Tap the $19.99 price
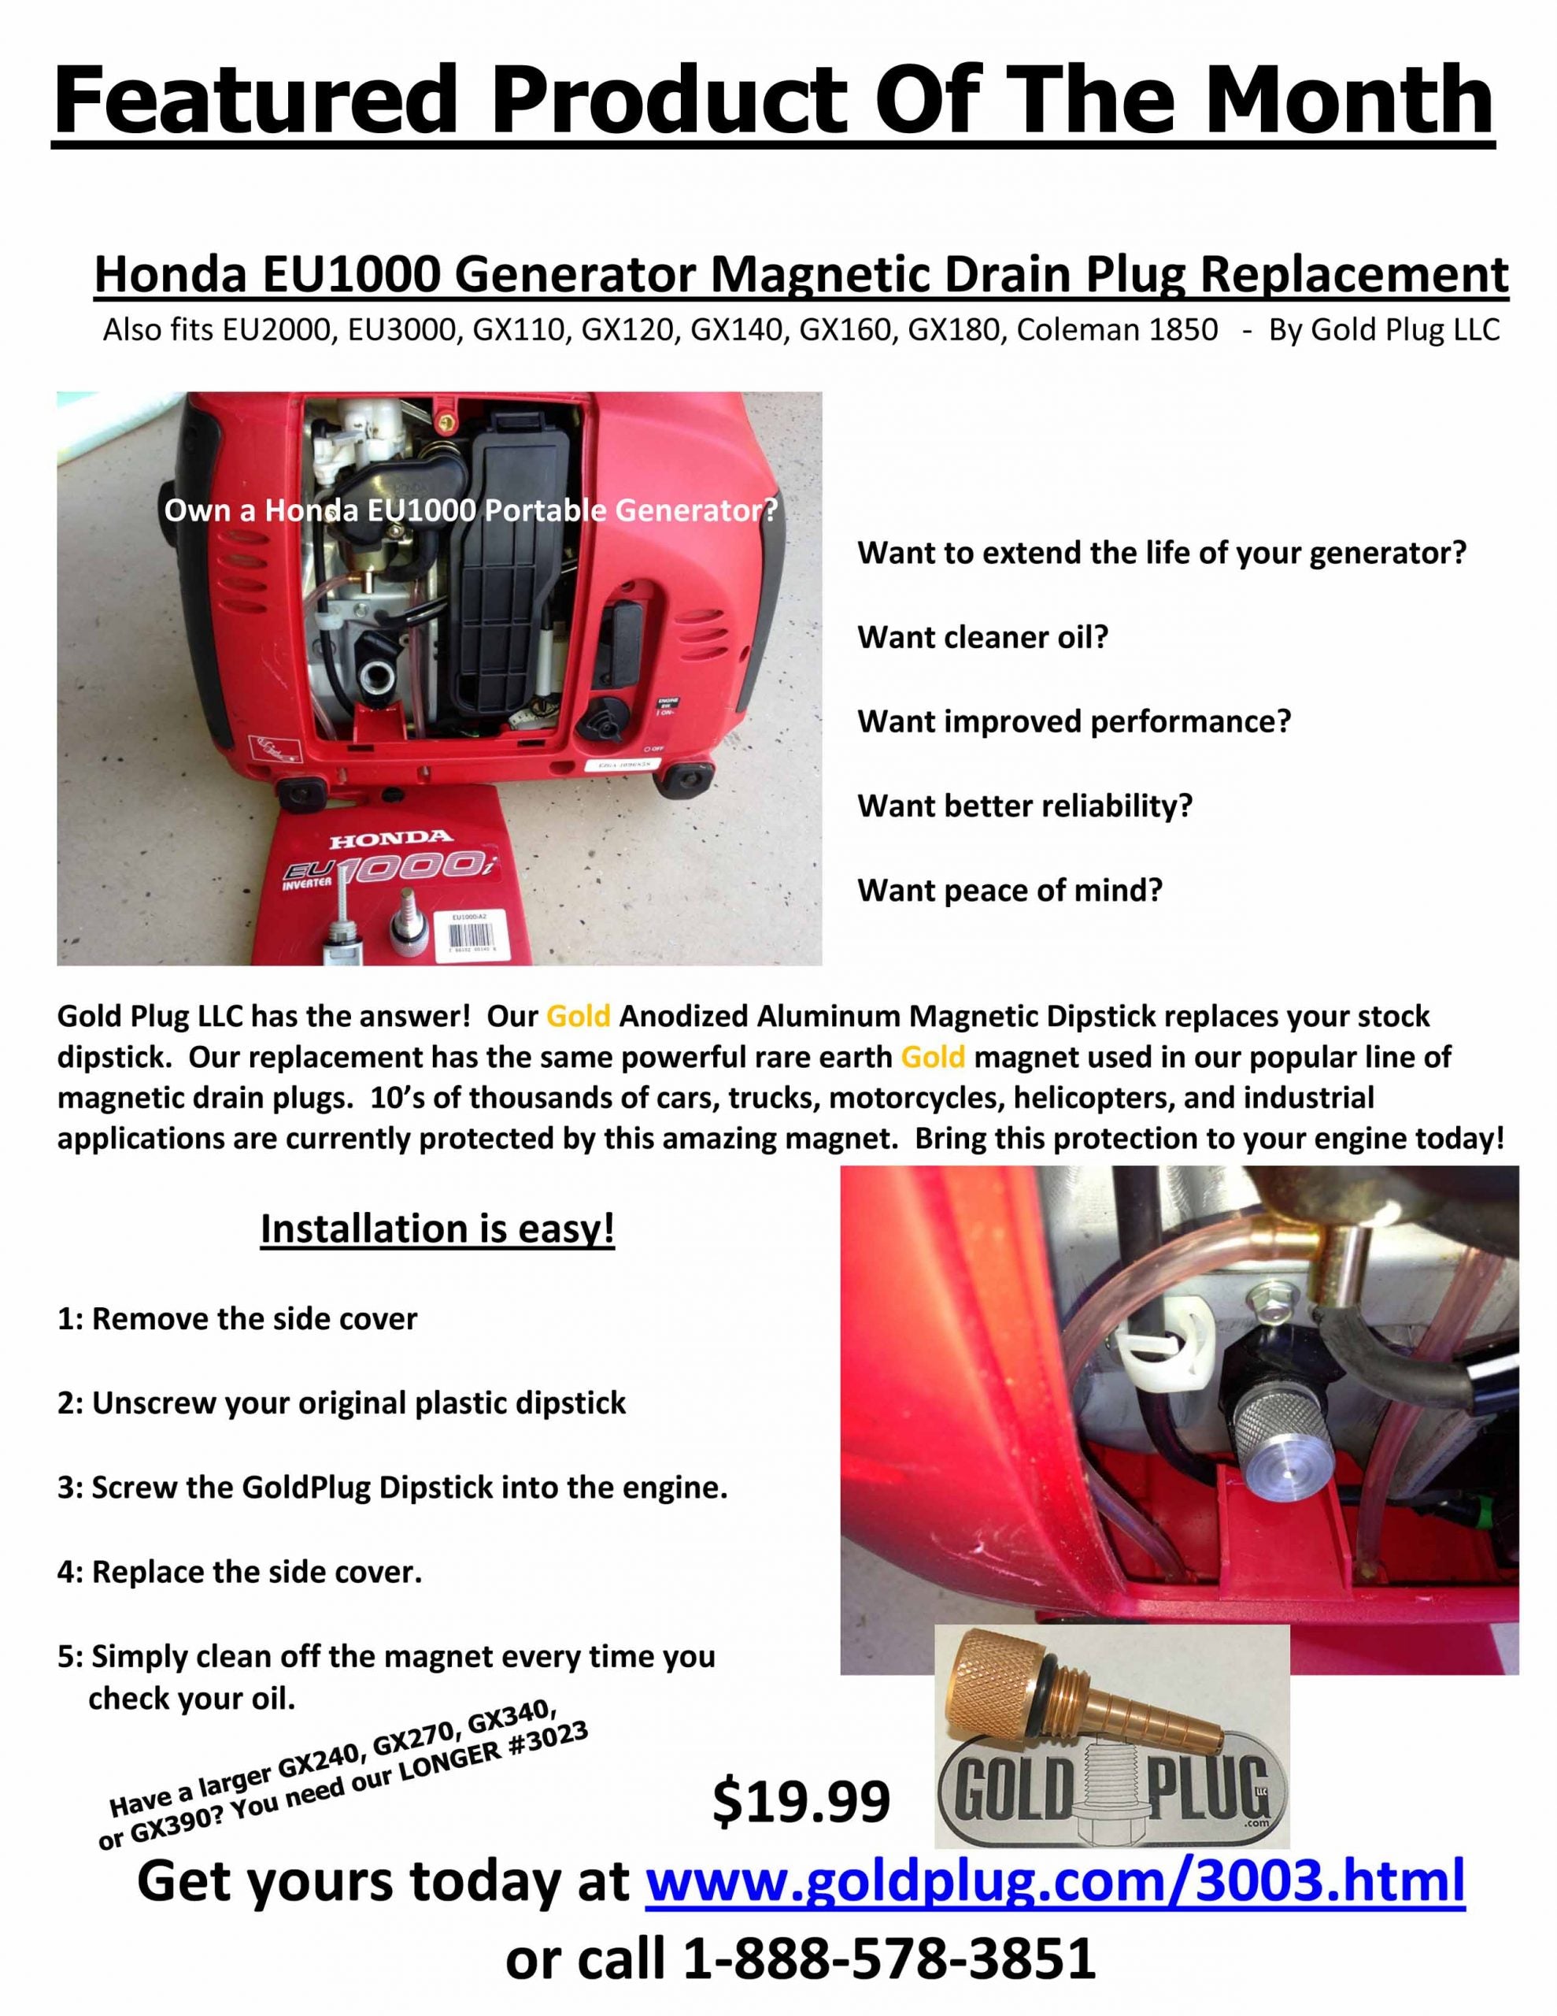click(801, 1801)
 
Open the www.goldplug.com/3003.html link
click(1054, 1881)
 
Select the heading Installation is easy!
click(438, 1228)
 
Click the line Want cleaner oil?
click(982, 637)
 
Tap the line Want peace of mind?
click(1010, 890)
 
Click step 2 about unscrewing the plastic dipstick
click(342, 1403)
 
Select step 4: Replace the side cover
click(239, 1572)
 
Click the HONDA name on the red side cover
click(390, 839)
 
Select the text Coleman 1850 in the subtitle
click(1117, 329)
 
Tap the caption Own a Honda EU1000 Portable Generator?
click(471, 510)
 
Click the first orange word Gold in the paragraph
click(578, 1017)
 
